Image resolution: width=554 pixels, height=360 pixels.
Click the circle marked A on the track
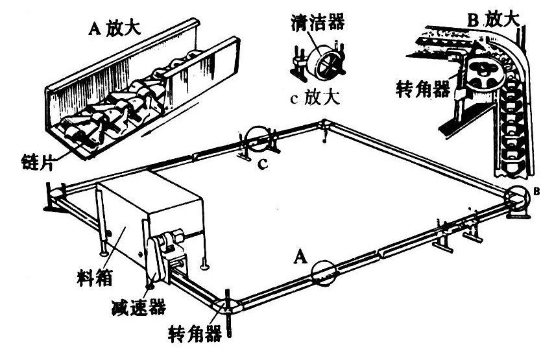(x=324, y=273)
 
